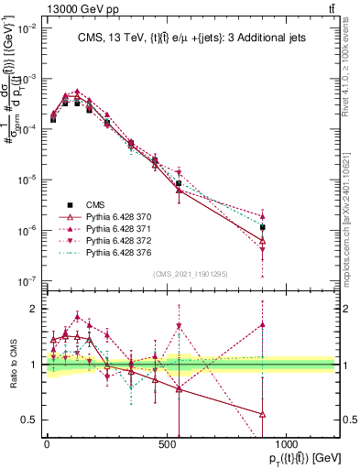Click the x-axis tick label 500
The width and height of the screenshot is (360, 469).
(167, 444)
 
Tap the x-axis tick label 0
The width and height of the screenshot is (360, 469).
(47, 444)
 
